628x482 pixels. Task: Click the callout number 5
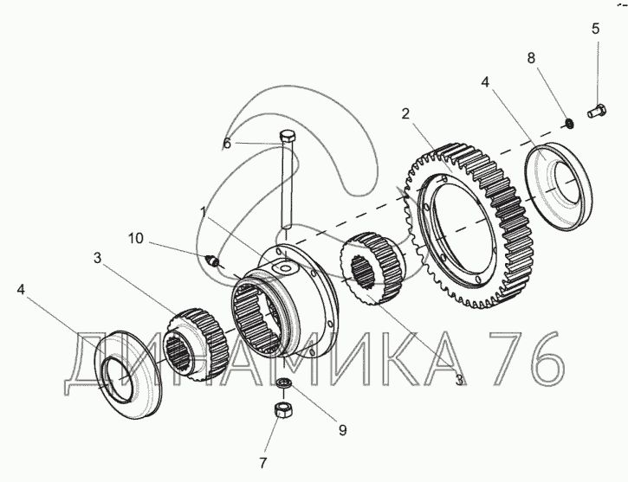(x=596, y=29)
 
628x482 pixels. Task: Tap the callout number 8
(x=531, y=58)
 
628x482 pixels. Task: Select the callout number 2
(x=405, y=114)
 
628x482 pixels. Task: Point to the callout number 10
(x=135, y=238)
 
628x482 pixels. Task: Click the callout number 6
(x=227, y=143)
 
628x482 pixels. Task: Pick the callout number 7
(x=262, y=463)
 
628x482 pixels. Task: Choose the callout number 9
(x=342, y=430)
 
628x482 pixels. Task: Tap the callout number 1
(x=204, y=212)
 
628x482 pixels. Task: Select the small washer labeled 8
(x=568, y=124)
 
